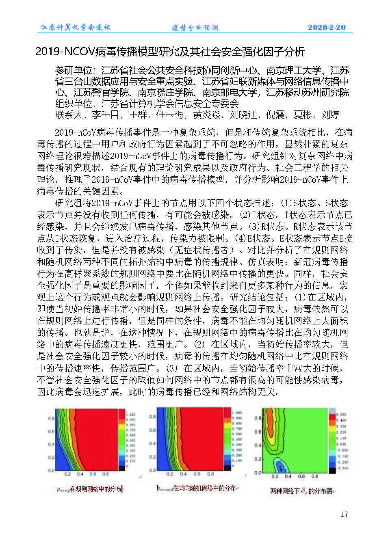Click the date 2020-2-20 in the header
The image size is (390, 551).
pyautogui.click(x=326, y=28)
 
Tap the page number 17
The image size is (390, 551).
pyautogui.click(x=344, y=514)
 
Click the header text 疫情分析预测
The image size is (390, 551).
pyautogui.click(x=195, y=28)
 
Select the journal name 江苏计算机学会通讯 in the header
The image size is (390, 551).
pyautogui.click(x=76, y=28)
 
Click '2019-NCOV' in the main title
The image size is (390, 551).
pyautogui.click(x=65, y=52)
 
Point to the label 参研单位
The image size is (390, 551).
pyautogui.click(x=75, y=71)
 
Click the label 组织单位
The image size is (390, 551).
pyautogui.click(x=75, y=104)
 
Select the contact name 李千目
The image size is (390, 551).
pyautogui.click(x=106, y=115)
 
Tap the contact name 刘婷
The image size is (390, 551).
pyautogui.click(x=330, y=115)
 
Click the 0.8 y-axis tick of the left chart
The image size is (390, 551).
pyautogui.click(x=51, y=418)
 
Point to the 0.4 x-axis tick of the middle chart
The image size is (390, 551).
pyautogui.click(x=183, y=474)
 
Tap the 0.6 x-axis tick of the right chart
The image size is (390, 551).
pyautogui.click(x=301, y=476)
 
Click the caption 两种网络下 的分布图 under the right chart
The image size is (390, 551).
pyautogui.click(x=301, y=491)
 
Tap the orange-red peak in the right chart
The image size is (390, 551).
pyautogui.click(x=269, y=420)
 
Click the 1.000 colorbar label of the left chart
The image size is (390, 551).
pyautogui.click(x=131, y=415)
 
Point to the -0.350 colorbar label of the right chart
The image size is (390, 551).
pyautogui.click(x=342, y=468)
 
